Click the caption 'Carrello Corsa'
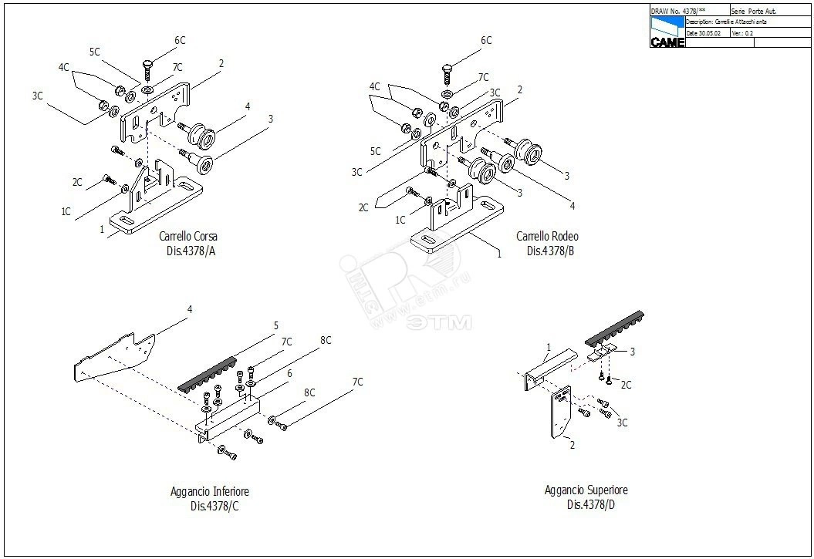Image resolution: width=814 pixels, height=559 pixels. (x=188, y=237)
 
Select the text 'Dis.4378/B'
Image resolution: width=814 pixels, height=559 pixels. (x=551, y=251)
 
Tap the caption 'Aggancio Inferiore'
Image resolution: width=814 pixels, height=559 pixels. (x=210, y=491)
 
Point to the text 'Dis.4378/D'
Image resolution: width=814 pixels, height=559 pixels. (x=591, y=505)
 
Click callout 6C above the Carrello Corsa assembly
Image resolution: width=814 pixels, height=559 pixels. (x=180, y=40)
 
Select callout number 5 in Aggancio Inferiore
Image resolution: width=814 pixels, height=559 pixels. (x=275, y=326)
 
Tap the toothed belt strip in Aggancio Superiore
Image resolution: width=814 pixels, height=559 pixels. (x=614, y=327)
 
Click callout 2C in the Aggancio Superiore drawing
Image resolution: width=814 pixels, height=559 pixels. (x=627, y=385)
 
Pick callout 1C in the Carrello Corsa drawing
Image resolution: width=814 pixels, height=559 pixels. (x=66, y=211)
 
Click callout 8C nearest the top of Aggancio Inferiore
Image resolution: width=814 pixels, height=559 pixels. (x=326, y=340)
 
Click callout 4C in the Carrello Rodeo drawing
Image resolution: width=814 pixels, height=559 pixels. (x=375, y=86)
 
